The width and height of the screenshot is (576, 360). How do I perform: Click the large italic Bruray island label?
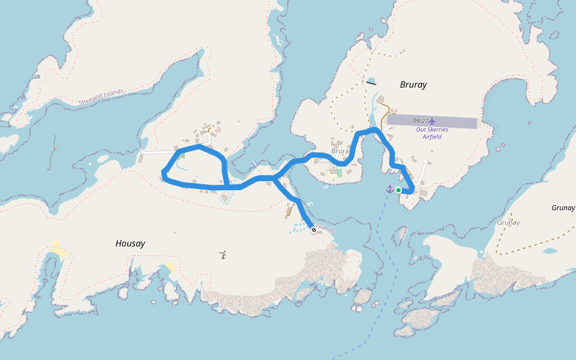pyautogui.click(x=413, y=85)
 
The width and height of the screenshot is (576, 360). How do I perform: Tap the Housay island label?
pyautogui.click(x=130, y=244)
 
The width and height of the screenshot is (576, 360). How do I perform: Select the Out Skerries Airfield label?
pyautogui.click(x=432, y=133)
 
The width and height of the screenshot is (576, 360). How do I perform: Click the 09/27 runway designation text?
pyautogui.click(x=421, y=121)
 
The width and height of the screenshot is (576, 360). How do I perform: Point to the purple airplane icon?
pyautogui.click(x=433, y=121)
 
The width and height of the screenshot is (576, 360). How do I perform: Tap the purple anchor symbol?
pyautogui.click(x=389, y=189)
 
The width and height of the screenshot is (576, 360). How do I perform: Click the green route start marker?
pyautogui.click(x=398, y=190)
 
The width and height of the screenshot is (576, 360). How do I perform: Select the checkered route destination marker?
pyautogui.click(x=314, y=229)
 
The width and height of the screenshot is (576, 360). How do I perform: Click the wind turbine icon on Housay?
pyautogui.click(x=223, y=255)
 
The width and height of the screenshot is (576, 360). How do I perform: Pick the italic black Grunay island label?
pyautogui.click(x=563, y=208)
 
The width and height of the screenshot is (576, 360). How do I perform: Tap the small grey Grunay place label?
pyautogui.click(x=508, y=223)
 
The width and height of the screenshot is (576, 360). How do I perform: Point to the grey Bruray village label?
pyautogui.click(x=340, y=151)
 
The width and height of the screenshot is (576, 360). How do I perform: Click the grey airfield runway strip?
pyautogui.click(x=456, y=122)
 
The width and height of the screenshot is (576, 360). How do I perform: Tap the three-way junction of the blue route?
pyautogui.click(x=274, y=178)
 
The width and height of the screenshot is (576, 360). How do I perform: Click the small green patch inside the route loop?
pyautogui.click(x=182, y=155)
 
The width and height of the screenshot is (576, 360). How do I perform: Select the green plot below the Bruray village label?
pyautogui.click(x=339, y=173)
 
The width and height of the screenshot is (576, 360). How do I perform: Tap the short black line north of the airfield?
pyautogui.click(x=371, y=83)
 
